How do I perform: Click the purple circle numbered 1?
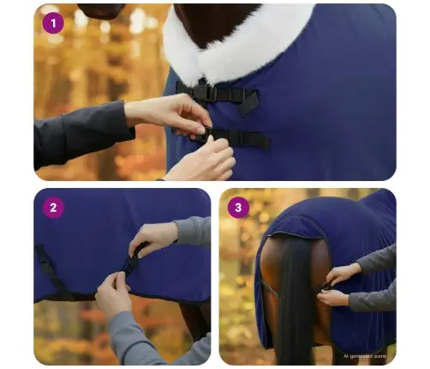53,22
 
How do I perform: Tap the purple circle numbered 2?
53,207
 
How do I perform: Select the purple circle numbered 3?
239,207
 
